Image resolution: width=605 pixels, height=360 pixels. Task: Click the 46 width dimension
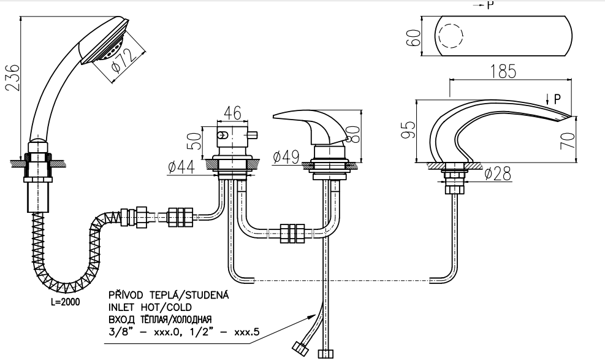pos(232,113)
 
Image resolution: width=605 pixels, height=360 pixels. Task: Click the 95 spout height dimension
pos(406,130)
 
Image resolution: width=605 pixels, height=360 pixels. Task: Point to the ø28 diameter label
pos(497,175)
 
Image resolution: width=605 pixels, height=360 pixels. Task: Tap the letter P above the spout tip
pos(557,98)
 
